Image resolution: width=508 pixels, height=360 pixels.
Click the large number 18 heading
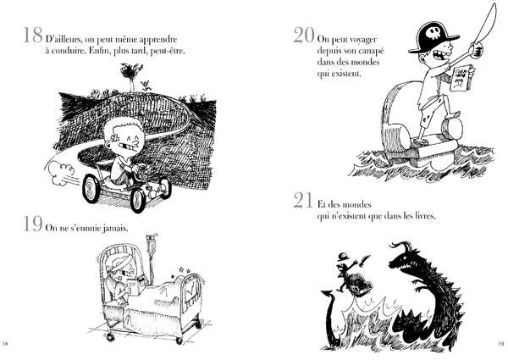(x=33, y=35)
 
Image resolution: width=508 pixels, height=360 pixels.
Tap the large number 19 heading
(x=33, y=224)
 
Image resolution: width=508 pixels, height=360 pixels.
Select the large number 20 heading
(x=304, y=35)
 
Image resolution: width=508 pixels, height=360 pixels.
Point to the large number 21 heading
(x=303, y=200)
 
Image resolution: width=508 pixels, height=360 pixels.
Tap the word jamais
(x=115, y=229)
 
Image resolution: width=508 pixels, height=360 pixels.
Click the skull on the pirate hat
(x=433, y=32)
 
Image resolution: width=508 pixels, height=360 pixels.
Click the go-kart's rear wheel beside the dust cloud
(x=91, y=189)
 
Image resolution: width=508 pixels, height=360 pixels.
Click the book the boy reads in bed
(x=135, y=284)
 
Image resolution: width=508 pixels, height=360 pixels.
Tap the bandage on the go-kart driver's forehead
(x=116, y=138)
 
